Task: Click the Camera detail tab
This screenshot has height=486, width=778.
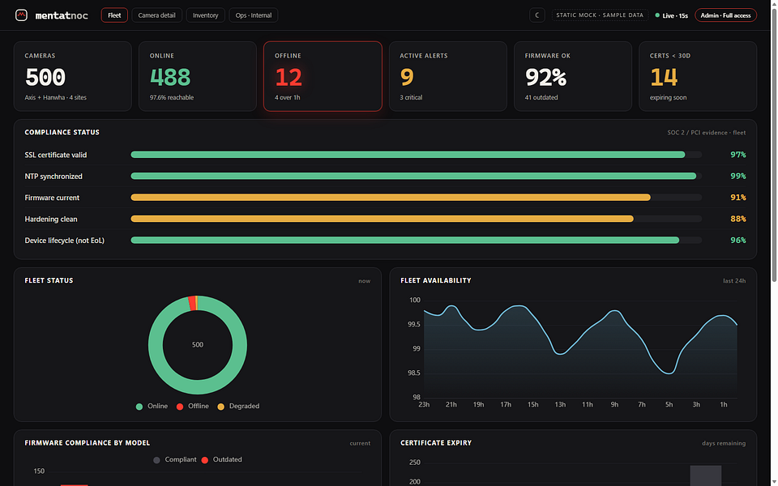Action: point(156,15)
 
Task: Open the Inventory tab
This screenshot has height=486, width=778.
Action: point(205,15)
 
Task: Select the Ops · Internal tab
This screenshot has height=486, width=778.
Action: point(254,15)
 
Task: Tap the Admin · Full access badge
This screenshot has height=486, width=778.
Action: point(725,15)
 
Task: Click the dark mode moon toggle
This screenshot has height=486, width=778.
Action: point(536,15)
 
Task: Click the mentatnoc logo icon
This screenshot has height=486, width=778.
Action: point(21,15)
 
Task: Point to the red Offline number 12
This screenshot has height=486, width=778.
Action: point(289,77)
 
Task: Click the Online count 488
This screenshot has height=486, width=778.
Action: point(169,77)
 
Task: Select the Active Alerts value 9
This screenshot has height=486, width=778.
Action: point(406,77)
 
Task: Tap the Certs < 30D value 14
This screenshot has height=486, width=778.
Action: point(664,77)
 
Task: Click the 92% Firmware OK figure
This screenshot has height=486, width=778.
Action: point(545,77)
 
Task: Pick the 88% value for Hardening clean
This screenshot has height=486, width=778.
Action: point(737,219)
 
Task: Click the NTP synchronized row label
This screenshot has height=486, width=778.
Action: point(53,176)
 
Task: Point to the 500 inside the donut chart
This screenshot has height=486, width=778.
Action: point(198,345)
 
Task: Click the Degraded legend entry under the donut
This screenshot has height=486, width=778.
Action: point(238,406)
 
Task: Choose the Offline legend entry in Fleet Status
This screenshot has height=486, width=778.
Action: point(193,406)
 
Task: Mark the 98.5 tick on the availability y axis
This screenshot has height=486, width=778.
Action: point(414,373)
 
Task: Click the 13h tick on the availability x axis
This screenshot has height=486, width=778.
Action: point(560,405)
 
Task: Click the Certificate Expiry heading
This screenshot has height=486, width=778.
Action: point(436,443)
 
